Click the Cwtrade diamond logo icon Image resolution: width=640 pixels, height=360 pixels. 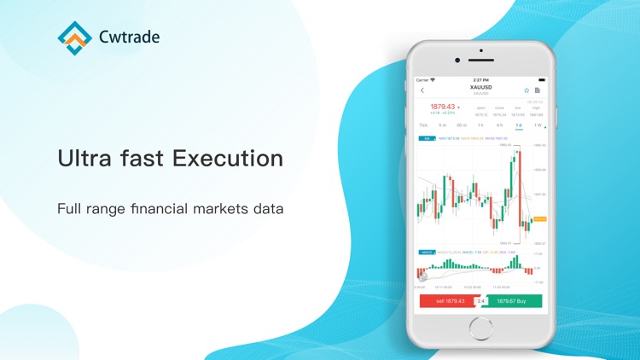pyautogui.click(x=75, y=36)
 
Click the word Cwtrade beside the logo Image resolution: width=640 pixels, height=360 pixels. pyautogui.click(x=129, y=37)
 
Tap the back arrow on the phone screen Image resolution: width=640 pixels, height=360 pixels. pyautogui.click(x=422, y=90)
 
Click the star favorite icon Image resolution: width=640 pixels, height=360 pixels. pyautogui.click(x=527, y=90)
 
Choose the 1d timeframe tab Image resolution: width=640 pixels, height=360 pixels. pyautogui.click(x=518, y=125)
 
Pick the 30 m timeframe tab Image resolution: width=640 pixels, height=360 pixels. pyautogui.click(x=462, y=125)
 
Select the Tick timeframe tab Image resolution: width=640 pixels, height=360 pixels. pyautogui.click(x=423, y=125)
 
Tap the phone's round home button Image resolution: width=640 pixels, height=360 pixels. pyautogui.click(x=481, y=326)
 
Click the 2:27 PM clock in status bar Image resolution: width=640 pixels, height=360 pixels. pyautogui.click(x=481, y=79)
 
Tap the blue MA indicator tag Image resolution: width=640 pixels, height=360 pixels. pyautogui.click(x=425, y=137)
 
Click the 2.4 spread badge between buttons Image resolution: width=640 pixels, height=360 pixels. pyautogui.click(x=480, y=301)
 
